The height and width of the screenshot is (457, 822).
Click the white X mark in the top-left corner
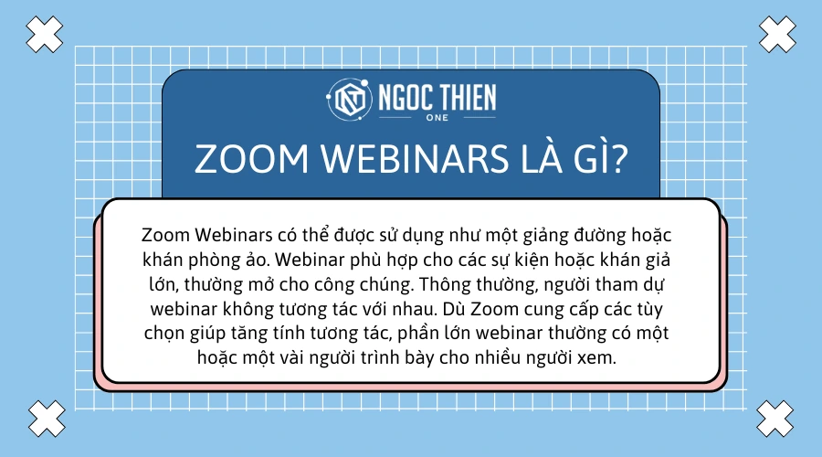point(43,35)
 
